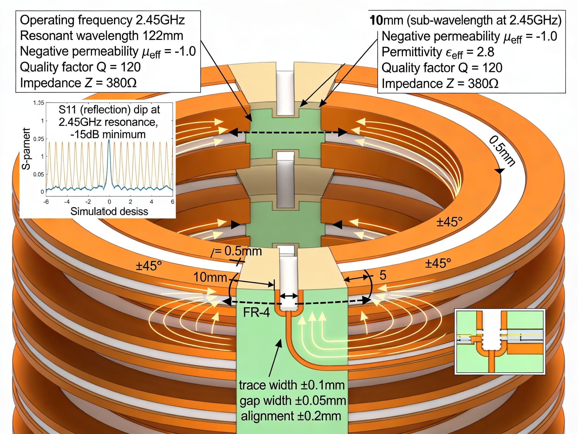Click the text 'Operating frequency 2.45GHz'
click(x=102, y=20)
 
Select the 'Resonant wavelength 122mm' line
click(x=101, y=36)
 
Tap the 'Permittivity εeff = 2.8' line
click(x=438, y=52)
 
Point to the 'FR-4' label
click(x=256, y=312)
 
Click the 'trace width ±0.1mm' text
click(x=292, y=385)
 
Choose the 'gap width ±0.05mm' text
click(x=293, y=401)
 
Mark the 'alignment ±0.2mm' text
click(x=291, y=416)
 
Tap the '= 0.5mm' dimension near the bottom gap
click(x=239, y=251)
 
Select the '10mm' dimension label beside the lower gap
click(x=210, y=277)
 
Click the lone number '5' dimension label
click(x=383, y=275)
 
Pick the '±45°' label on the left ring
click(x=149, y=266)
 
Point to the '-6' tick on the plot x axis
click(x=46, y=202)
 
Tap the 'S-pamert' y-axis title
click(x=26, y=149)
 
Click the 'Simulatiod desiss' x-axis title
click(x=109, y=211)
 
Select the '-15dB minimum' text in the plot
click(x=108, y=134)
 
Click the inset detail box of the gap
click(x=500, y=342)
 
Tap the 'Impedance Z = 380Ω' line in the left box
click(x=78, y=83)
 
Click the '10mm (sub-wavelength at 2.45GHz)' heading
click(x=466, y=20)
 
